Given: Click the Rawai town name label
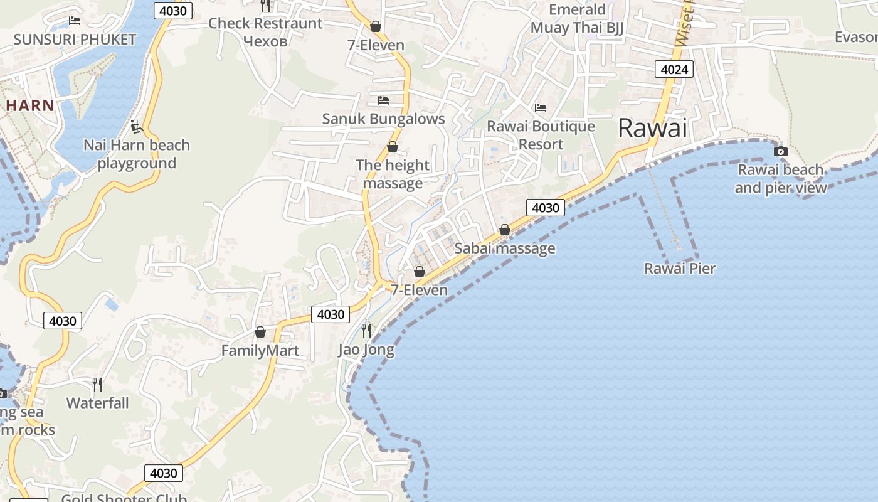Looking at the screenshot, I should click(652, 128).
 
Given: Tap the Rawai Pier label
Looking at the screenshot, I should click(680, 269).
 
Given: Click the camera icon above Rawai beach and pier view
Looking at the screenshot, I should click(781, 151).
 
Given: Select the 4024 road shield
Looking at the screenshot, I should click(674, 69).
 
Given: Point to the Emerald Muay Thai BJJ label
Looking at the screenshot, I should click(577, 19).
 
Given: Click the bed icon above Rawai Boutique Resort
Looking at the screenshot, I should click(541, 108).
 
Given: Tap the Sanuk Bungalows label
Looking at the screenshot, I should click(383, 119).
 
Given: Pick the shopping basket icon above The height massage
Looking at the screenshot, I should click(393, 147).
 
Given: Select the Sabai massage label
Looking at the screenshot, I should click(505, 248).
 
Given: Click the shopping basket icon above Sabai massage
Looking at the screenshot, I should click(505, 230).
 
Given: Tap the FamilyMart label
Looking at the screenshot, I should click(260, 351).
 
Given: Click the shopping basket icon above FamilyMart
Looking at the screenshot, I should click(260, 331).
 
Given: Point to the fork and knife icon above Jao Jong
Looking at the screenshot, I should click(366, 330).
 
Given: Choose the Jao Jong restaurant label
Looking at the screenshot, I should click(366, 350).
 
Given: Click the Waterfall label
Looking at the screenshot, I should click(98, 403).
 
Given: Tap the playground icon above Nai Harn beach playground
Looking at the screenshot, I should click(137, 127).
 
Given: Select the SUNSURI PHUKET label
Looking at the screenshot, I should click(75, 40).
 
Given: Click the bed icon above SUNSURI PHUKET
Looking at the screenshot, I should click(75, 20).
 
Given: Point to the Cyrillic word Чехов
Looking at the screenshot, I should click(265, 41).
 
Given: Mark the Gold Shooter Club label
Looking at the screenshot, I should click(124, 498).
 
